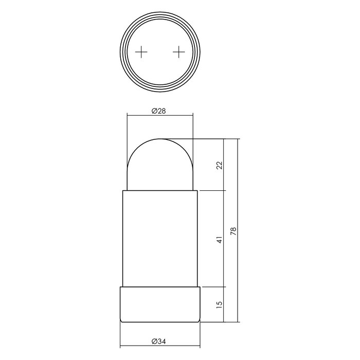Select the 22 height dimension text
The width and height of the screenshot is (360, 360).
click(219, 165)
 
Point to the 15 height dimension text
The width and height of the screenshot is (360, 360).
click(219, 304)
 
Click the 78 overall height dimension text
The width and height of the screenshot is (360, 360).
click(233, 231)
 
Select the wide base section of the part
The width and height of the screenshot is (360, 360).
click(160, 304)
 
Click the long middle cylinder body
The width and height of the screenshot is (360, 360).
click(160, 237)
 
